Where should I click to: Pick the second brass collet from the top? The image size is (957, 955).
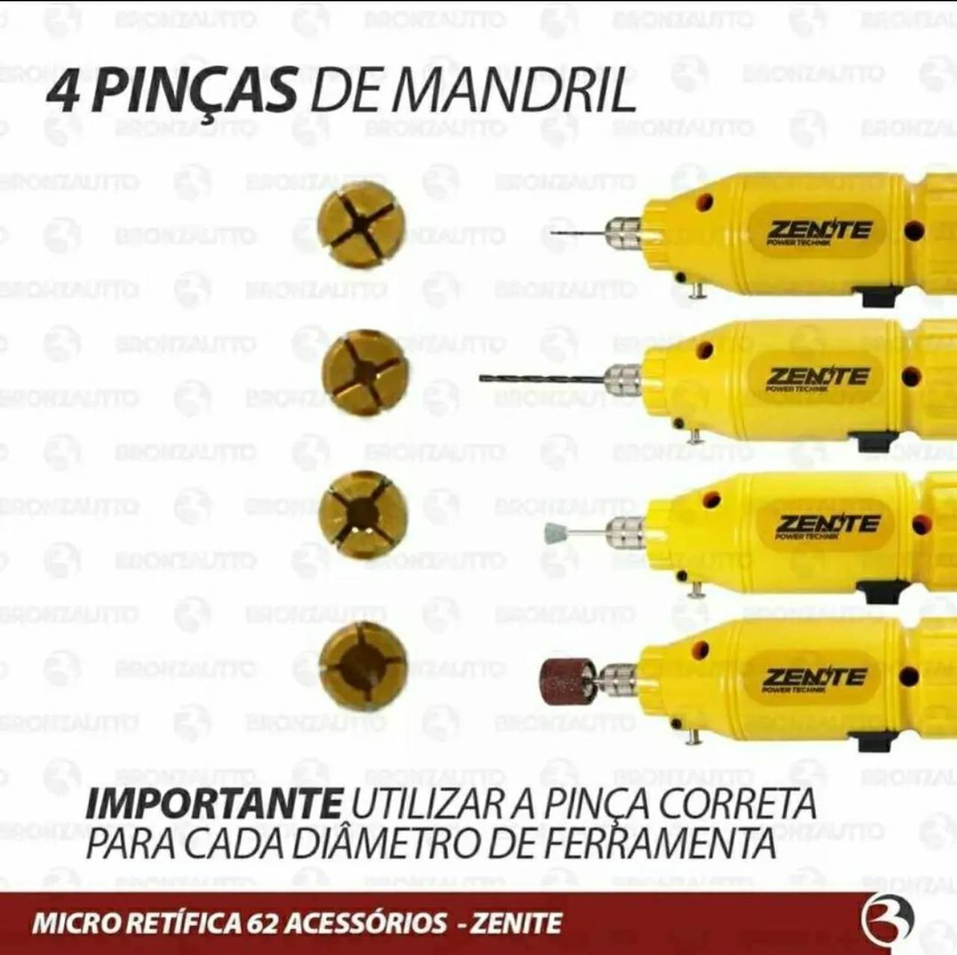364,369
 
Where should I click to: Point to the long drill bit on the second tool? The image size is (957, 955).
538,378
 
